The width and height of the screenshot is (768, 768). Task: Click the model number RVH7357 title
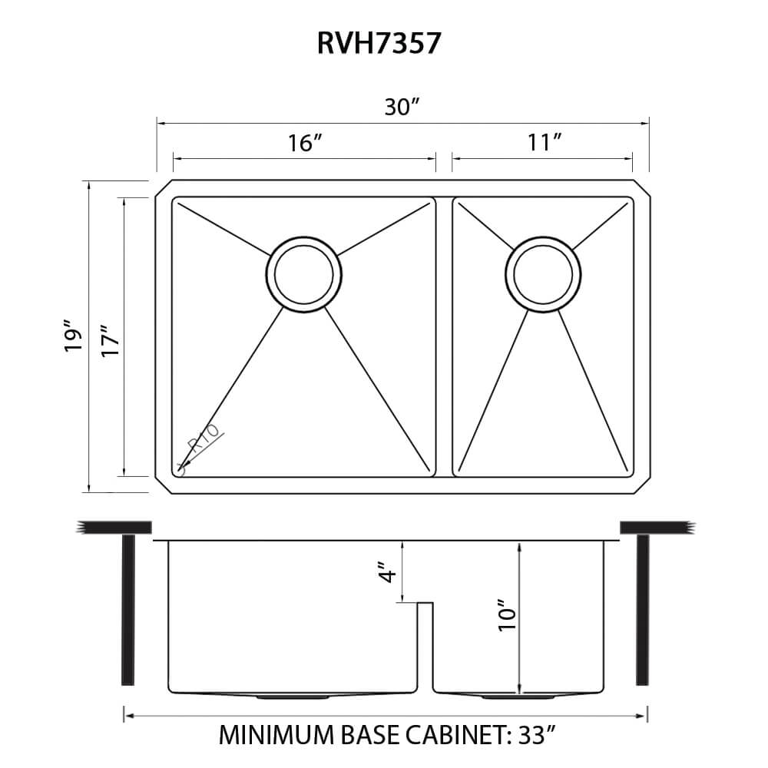click(379, 44)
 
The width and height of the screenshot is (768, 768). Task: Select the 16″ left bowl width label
click(305, 143)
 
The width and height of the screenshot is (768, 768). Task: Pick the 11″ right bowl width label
click(542, 143)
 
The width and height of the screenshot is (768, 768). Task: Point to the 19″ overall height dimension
click(74, 336)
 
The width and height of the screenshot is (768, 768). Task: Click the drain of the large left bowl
click(304, 274)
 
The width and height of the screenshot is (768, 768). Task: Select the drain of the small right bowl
click(543, 274)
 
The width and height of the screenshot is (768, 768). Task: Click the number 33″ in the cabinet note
click(535, 735)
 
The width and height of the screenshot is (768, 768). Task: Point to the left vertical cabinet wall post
click(128, 609)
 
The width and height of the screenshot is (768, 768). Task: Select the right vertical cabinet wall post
click(642, 609)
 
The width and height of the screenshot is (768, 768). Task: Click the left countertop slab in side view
click(114, 527)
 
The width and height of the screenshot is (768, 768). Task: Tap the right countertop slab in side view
click(657, 527)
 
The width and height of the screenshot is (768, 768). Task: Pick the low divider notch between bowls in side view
click(425, 607)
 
